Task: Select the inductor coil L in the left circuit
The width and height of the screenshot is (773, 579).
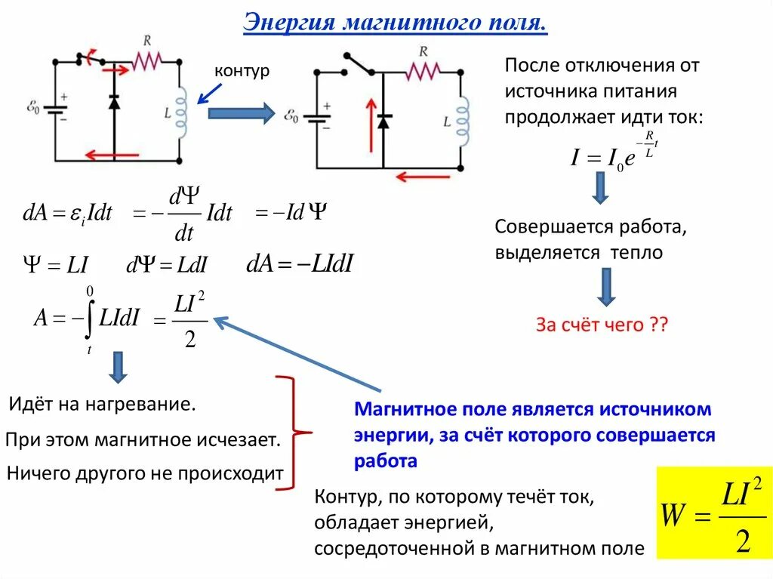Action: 181,109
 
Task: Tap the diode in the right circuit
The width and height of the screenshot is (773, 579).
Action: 383,120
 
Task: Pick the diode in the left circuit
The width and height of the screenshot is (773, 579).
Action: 114,102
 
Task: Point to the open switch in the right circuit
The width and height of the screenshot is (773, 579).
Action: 359,65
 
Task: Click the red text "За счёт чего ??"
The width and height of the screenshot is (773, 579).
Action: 602,325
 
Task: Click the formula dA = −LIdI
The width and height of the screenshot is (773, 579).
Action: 300,263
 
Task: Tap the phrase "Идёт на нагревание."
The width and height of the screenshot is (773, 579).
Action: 103,404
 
